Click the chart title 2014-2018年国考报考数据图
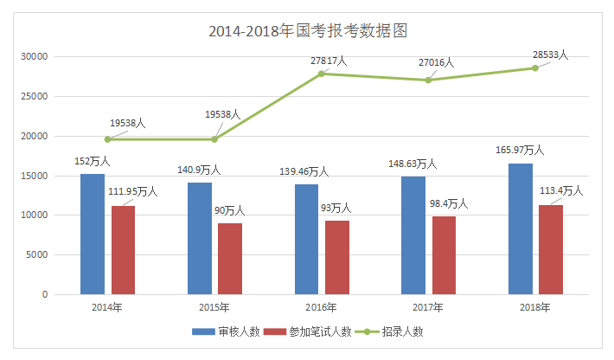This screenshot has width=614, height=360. pyautogui.click(x=307, y=31)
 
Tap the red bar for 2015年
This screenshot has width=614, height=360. pyautogui.click(x=230, y=259)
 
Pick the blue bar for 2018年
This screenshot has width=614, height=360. pyautogui.click(x=521, y=228)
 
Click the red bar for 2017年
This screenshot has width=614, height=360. pyautogui.click(x=444, y=255)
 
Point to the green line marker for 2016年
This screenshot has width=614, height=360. pyautogui.click(x=322, y=74)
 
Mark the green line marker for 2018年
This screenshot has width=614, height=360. pyautogui.click(x=535, y=68)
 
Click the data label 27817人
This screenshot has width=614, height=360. pyautogui.click(x=329, y=60)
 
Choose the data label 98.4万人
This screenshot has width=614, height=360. pyautogui.click(x=448, y=203)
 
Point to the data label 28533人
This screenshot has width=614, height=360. pyautogui.click(x=551, y=54)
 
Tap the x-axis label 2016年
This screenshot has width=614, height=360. pyautogui.click(x=322, y=307)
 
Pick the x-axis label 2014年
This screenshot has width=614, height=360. pyautogui.click(x=108, y=307)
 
